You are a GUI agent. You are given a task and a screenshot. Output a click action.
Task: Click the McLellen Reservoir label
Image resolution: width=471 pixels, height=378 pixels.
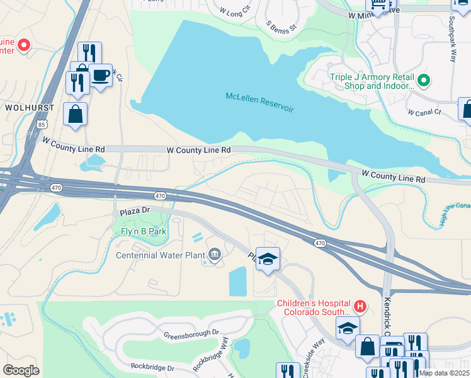pos(259,102)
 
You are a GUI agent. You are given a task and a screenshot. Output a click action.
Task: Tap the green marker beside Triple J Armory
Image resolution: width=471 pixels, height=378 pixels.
pos(424,81)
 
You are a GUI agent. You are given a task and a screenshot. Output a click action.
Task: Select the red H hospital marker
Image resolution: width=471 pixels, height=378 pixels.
pos(360,307)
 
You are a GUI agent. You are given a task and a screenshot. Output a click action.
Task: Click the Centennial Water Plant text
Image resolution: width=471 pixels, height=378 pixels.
pos(161,255)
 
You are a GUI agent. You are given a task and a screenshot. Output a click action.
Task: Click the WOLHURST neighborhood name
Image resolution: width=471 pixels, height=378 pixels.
pos(30,108)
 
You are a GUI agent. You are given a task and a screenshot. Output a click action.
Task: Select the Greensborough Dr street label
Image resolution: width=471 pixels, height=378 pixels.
pos(191,335)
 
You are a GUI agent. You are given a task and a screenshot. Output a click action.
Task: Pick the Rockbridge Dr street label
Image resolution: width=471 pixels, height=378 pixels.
pos(152,366)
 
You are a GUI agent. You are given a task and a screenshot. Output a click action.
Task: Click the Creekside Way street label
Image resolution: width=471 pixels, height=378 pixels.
pos(314,350)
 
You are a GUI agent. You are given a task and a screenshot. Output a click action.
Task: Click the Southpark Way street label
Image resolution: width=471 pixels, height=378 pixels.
pos(451,39)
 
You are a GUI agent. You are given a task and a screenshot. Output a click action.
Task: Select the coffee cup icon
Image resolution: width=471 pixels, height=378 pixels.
pos(101,76)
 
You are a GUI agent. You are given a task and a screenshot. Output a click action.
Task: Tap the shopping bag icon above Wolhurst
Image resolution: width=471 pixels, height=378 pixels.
pos(76,115)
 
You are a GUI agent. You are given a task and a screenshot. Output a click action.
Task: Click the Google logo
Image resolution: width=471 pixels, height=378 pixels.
pos(21,370)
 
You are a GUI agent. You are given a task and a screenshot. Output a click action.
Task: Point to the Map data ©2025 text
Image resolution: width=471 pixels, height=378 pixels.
pos(444,373)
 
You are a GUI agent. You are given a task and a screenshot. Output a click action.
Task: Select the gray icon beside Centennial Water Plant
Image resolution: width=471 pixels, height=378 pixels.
pos(215,255)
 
